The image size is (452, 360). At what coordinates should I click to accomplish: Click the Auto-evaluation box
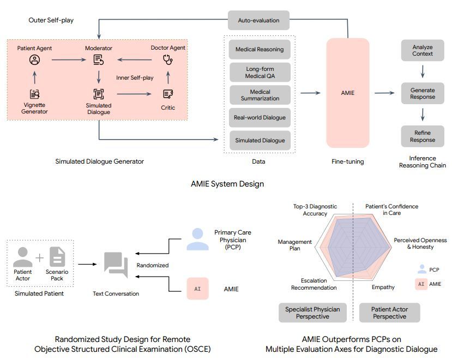click(x=258, y=20)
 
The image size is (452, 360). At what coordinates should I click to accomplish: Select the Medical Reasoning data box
click(x=260, y=49)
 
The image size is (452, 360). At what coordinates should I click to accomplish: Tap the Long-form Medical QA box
click(x=260, y=72)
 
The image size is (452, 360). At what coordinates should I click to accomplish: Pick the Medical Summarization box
click(x=260, y=95)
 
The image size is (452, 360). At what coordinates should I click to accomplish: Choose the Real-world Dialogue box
click(x=260, y=117)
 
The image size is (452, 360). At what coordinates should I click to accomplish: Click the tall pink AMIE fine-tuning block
click(x=347, y=93)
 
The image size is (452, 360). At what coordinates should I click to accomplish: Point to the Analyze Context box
click(x=423, y=50)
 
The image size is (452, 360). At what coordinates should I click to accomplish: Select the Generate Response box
click(x=423, y=93)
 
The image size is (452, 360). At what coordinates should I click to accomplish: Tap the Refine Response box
click(x=423, y=136)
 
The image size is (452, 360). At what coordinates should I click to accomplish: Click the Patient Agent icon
click(x=34, y=59)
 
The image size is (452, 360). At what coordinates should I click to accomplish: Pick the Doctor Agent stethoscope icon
click(x=168, y=59)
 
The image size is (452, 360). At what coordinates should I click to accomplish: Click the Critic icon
click(x=168, y=94)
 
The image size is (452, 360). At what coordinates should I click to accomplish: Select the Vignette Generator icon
click(x=34, y=94)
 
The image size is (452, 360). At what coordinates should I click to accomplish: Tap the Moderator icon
click(x=98, y=59)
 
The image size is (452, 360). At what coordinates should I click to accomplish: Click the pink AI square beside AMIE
click(x=197, y=289)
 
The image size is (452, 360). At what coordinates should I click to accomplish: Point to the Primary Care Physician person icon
click(x=197, y=239)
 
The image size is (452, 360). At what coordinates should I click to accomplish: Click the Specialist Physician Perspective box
click(x=312, y=313)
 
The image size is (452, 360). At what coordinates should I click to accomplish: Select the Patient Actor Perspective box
click(x=389, y=313)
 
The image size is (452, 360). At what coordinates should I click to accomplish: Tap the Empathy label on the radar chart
click(x=383, y=287)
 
